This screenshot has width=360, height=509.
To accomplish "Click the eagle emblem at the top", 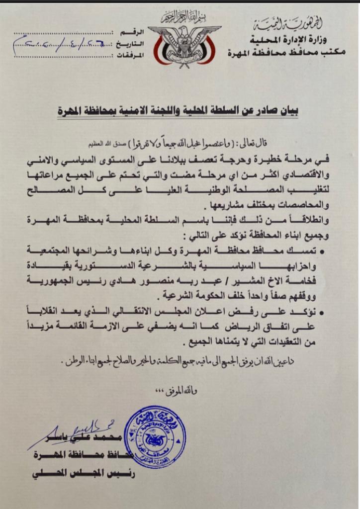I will (x=184, y=45).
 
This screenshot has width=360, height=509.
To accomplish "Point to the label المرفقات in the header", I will (x=132, y=55).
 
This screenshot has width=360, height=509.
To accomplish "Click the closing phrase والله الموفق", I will (x=184, y=391).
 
